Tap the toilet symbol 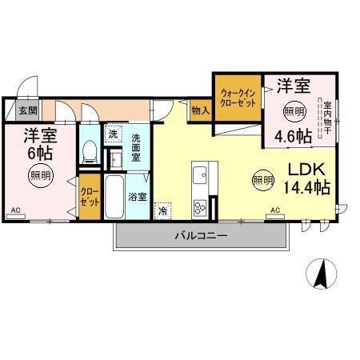click(90, 150)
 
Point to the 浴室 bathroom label click(138, 196)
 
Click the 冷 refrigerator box click(163, 211)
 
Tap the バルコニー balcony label click(202, 236)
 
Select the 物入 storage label click(201, 110)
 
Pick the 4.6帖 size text click(293, 135)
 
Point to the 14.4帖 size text click(306, 189)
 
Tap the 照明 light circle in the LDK click(262, 180)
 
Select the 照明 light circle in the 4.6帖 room click(294, 110)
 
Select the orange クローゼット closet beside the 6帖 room click(89, 198)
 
